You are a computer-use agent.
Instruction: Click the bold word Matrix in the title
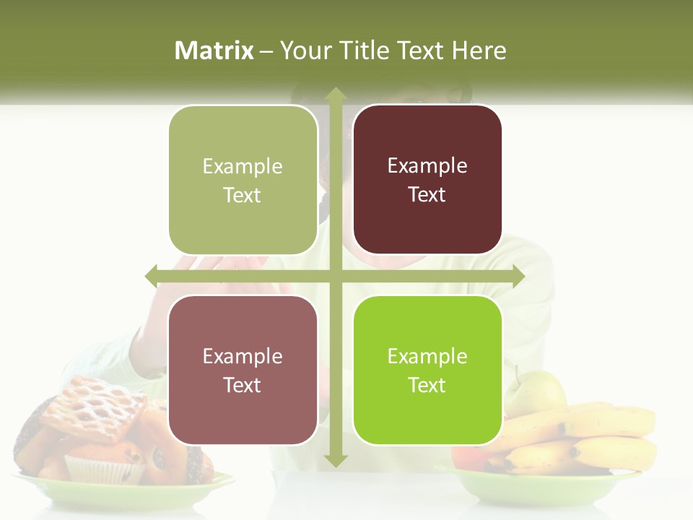(214, 51)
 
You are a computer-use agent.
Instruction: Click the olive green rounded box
(243, 180)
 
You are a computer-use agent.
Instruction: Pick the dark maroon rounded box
(427, 179)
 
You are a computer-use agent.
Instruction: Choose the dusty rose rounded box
(243, 370)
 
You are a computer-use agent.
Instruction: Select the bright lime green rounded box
(427, 370)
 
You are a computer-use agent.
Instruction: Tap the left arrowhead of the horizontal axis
(152, 275)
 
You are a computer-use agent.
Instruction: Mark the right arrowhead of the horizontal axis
(518, 275)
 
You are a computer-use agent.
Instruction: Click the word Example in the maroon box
(427, 165)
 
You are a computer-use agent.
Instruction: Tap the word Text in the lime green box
(427, 385)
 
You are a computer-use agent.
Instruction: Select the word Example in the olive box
(243, 166)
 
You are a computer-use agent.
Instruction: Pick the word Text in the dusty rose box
(243, 385)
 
